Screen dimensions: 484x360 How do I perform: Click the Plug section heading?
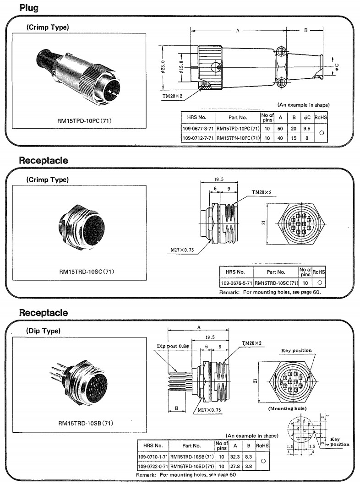tap(29, 8)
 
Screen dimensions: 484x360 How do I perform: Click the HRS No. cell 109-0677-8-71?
tap(198, 129)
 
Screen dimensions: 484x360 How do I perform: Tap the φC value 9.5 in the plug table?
tap(307, 129)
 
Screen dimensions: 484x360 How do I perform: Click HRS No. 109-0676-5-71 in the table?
tap(236, 283)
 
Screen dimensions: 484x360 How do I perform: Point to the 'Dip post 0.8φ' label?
tap(173, 346)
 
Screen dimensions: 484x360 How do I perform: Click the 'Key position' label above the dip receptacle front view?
tap(296, 350)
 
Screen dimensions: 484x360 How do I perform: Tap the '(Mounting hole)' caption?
tap(287, 408)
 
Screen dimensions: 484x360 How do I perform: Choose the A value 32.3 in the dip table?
tap(235, 457)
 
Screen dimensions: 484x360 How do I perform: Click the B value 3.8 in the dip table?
tap(248, 466)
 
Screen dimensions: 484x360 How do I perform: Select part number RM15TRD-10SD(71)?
tap(191, 466)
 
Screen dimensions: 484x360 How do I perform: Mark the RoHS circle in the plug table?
tap(322, 133)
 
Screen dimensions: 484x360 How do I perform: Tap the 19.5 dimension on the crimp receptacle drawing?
tap(218, 180)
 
